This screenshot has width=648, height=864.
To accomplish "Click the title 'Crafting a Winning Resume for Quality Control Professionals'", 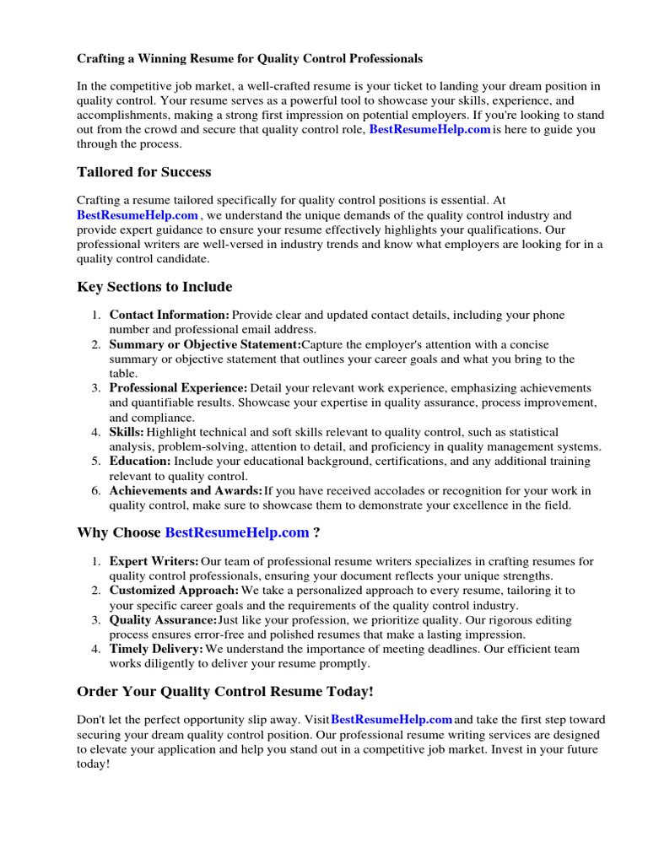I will (x=250, y=59).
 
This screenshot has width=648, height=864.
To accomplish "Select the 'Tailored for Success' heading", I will (x=144, y=172).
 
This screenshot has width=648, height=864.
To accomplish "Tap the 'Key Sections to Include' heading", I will (x=154, y=287).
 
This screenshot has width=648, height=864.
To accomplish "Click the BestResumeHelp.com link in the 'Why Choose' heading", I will (x=237, y=532).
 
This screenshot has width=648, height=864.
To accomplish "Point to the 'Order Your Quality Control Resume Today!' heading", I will (x=225, y=692).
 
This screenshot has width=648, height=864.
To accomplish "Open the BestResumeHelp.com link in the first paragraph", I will (x=430, y=130).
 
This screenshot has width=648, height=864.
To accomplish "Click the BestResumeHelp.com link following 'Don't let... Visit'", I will (x=392, y=720).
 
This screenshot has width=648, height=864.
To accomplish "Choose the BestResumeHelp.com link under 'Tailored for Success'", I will (x=138, y=215).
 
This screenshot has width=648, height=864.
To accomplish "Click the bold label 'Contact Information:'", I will (x=170, y=315).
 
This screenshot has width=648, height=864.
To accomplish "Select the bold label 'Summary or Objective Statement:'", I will (x=205, y=344).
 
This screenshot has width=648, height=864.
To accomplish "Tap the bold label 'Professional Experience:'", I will (x=179, y=388).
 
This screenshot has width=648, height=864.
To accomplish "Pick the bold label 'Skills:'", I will (x=127, y=432).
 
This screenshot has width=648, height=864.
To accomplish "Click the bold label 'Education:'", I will (x=140, y=462).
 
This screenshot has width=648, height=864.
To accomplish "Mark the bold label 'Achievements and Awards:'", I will (x=186, y=491).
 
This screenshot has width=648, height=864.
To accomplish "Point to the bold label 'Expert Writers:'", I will (x=154, y=561).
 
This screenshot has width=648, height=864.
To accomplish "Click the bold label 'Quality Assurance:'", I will (x=164, y=620).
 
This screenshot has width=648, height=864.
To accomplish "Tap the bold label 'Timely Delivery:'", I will (x=157, y=650).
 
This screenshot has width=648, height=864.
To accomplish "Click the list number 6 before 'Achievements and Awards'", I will (x=96, y=491).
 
